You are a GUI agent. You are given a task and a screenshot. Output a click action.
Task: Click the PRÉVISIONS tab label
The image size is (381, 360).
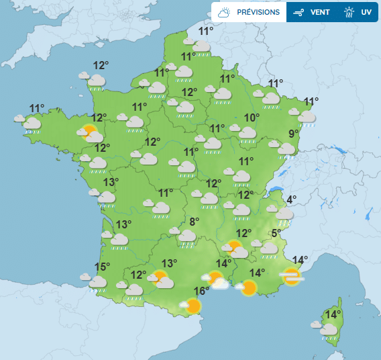tap(258, 12)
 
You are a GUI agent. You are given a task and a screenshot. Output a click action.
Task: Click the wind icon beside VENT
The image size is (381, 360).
tap(298, 12)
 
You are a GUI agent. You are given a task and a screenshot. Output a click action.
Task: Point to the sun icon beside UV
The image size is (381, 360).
tap(349, 12)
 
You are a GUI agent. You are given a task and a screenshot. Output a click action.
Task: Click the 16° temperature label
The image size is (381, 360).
tap(202, 291)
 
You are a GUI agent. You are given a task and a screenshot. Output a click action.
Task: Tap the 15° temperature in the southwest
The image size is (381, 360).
tap(102, 267)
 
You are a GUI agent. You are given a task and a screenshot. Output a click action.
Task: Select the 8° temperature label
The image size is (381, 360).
tap(195, 222)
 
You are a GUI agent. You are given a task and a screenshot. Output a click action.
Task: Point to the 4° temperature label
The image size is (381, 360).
tap(292, 199)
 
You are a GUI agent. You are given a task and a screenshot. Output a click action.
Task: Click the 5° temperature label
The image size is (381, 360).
tap(276, 234)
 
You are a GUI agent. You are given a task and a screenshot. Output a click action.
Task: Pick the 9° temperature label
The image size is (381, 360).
tap(293, 133)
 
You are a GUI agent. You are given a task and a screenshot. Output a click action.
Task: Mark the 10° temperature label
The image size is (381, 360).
tap(252, 118)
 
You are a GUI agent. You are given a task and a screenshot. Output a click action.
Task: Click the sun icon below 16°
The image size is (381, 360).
tap(192, 306)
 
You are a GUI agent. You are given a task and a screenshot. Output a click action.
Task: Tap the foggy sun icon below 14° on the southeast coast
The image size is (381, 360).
tap(292, 275)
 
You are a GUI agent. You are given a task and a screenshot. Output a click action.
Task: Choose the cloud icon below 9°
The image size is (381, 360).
tap(285, 148)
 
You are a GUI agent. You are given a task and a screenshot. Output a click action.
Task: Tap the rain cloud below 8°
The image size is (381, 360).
tap(186, 236)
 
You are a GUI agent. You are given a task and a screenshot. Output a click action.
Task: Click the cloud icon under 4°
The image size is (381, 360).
tap(284, 214)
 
